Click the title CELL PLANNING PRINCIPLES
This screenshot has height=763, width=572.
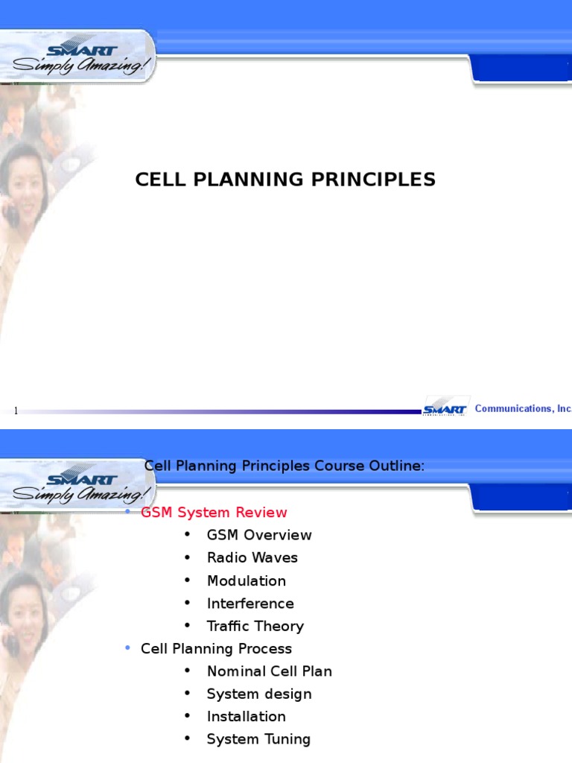285,180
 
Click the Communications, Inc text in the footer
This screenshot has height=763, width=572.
523,408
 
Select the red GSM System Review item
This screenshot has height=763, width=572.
214,513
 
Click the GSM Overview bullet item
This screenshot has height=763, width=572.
259,535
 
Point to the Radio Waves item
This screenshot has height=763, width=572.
252,558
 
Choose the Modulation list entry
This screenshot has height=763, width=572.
246,580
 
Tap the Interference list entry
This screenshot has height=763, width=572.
250,604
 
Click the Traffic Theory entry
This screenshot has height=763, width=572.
255,626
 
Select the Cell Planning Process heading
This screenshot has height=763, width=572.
216,649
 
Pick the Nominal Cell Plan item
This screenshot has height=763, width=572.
269,671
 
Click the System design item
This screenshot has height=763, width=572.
259,694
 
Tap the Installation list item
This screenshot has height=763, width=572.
246,716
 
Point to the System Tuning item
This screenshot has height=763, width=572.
258,739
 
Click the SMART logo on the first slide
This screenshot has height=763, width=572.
82,51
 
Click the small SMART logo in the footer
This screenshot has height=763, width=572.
445,408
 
